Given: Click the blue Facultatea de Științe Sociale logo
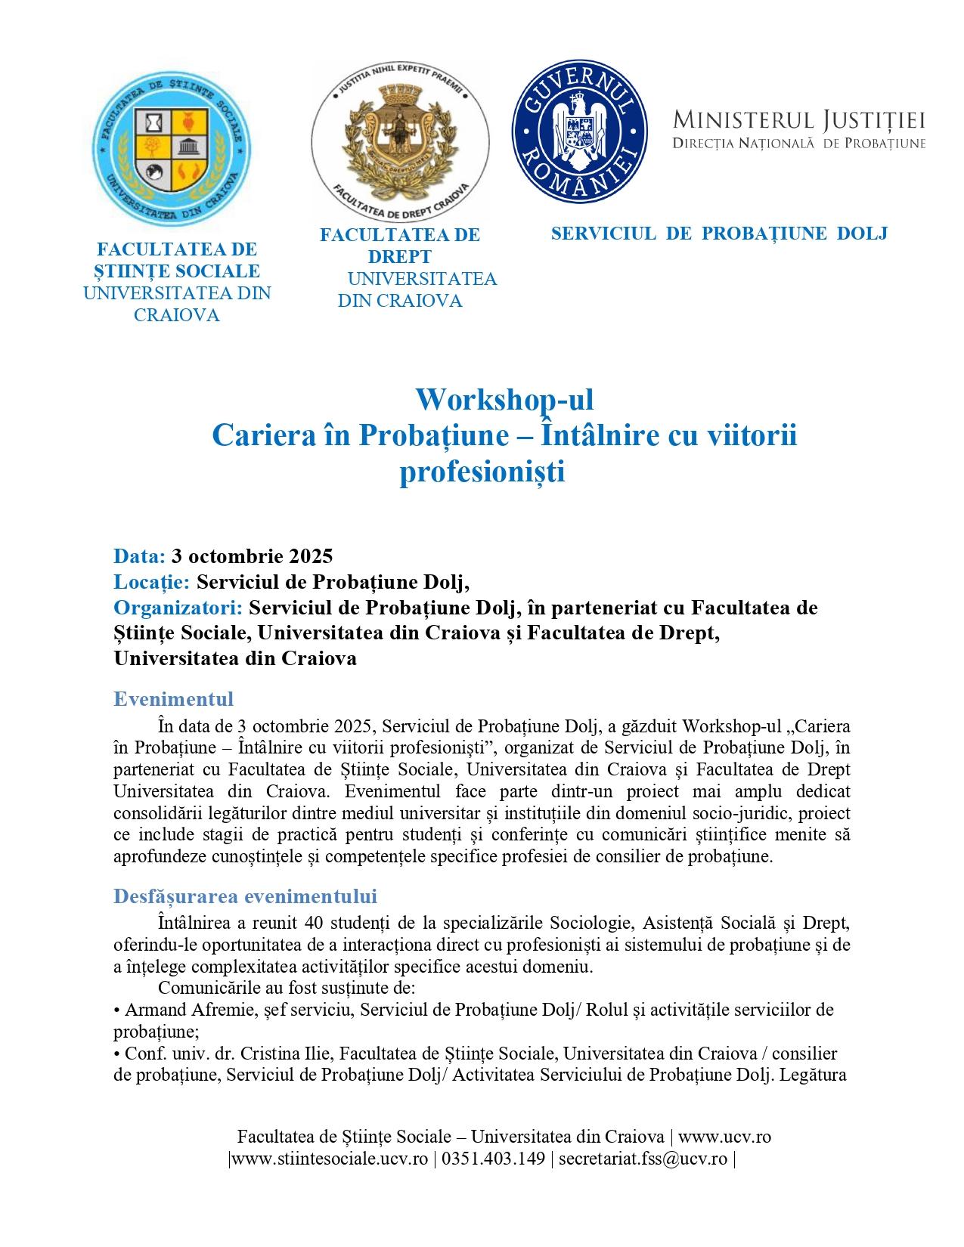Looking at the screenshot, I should pyautogui.click(x=171, y=150).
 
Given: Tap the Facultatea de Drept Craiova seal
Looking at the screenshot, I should pyautogui.click(x=400, y=141).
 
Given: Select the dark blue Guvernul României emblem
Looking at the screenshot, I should pyautogui.click(x=579, y=132).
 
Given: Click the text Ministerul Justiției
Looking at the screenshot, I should pyautogui.click(x=798, y=120).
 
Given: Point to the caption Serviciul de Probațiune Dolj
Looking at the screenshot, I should pyautogui.click(x=719, y=234).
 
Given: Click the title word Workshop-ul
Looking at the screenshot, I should pyautogui.click(x=504, y=400).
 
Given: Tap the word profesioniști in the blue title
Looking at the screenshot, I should pyautogui.click(x=482, y=471).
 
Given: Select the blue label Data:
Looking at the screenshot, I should pyautogui.click(x=139, y=556).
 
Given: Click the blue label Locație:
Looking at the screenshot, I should pyautogui.click(x=151, y=582).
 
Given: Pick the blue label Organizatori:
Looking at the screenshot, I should pyautogui.click(x=178, y=608).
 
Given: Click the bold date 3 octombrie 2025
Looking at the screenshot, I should pyautogui.click(x=253, y=556).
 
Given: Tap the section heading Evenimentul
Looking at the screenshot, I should pyautogui.click(x=173, y=699).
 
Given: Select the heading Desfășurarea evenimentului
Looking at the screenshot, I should pyautogui.click(x=245, y=896).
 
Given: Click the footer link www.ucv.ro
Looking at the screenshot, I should pyautogui.click(x=724, y=1137).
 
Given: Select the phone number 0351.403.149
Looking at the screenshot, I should pyautogui.click(x=493, y=1159).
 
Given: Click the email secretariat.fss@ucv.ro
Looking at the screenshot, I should pyautogui.click(x=643, y=1159).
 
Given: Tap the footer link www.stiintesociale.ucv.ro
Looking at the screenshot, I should pyautogui.click(x=330, y=1159).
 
